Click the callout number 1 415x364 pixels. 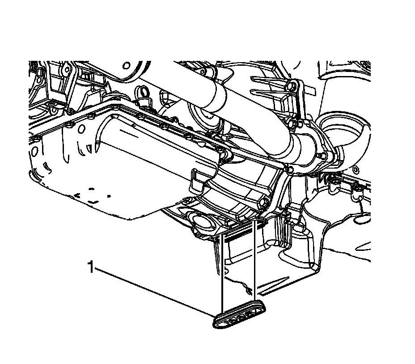pyautogui.click(x=91, y=267)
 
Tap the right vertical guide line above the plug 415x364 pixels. pyautogui.click(x=254, y=261)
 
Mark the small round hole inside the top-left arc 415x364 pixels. pyautogui.click(x=127, y=65)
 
